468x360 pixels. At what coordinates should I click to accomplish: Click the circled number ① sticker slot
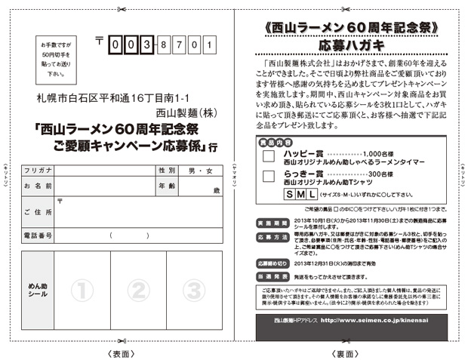pos(82,289)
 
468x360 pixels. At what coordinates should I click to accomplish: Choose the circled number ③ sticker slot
pos(194,289)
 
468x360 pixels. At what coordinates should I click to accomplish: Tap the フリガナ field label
pos(38,171)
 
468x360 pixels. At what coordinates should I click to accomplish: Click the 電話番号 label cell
pos(38,236)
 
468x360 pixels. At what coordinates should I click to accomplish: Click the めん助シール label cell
pos(38,289)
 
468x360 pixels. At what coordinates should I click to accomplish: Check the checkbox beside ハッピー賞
pos(268,155)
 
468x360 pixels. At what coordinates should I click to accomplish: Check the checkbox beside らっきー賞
pos(268,176)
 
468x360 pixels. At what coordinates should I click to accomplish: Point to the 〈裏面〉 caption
pos(350,352)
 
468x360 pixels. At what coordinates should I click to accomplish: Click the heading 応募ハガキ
pos(351,45)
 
